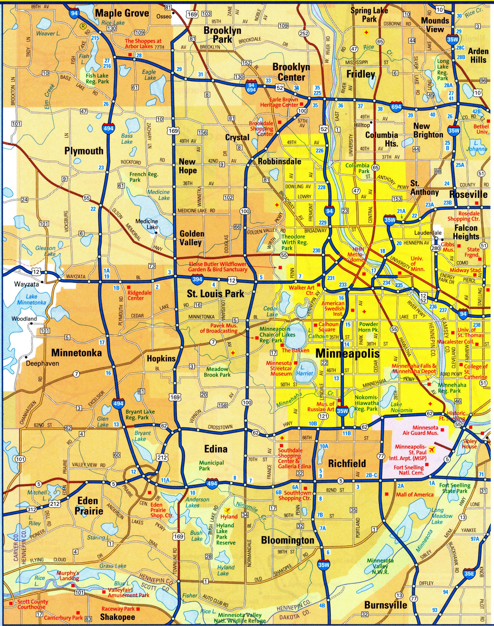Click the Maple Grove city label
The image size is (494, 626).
click(122, 13)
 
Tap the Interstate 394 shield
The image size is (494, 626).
click(198, 279)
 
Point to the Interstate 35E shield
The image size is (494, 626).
click(469, 565)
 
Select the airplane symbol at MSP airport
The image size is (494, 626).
click(432, 450)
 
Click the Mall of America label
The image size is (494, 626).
click(415, 494)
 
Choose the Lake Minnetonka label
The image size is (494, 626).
click(31, 299)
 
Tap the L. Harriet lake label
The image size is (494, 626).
click(306, 370)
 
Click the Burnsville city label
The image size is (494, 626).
click(386, 605)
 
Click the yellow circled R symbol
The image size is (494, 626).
click(83, 26)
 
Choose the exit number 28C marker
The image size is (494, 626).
click(460, 47)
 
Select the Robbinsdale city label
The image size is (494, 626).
click(279, 162)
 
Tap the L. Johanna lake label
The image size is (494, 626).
click(476, 146)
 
